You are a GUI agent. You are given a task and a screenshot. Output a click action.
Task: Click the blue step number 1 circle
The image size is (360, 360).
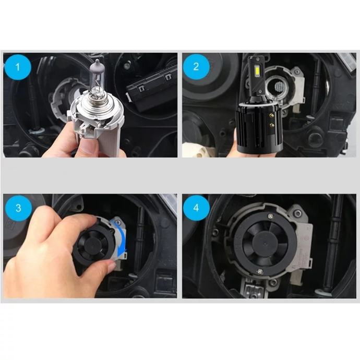tap(18, 67)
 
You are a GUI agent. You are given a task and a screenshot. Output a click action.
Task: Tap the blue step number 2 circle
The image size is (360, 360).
tap(196, 67)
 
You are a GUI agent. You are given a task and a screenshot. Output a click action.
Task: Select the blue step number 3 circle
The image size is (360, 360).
tap(18, 208)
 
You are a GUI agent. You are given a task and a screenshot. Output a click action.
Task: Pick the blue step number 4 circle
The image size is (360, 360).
tap(196, 208)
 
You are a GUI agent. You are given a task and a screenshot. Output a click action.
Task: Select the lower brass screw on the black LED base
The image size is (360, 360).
tap(272, 125)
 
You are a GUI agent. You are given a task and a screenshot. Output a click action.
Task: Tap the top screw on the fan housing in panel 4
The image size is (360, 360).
tap(271, 216)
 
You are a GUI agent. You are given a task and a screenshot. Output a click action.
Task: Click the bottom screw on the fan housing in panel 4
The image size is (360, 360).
tap(260, 272)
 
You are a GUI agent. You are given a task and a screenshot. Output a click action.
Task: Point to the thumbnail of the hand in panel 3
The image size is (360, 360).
tap(113, 266)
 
